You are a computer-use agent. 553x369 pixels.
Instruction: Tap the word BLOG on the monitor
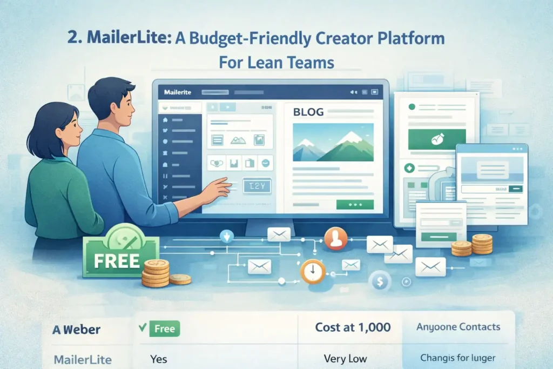(x=308, y=112)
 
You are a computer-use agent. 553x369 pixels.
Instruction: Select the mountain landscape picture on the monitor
(x=333, y=142)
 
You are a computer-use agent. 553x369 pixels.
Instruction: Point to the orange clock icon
(x=312, y=271)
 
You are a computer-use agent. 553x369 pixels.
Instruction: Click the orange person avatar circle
(x=335, y=239)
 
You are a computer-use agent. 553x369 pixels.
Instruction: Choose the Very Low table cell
(x=345, y=358)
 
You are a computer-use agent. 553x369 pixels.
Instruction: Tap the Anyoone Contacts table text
(x=458, y=327)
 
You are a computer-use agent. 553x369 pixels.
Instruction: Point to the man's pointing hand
(x=219, y=187)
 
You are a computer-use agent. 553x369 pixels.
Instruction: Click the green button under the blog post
(x=354, y=205)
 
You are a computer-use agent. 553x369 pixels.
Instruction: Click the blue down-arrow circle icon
(x=226, y=236)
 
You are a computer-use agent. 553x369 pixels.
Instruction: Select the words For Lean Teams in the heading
(x=276, y=62)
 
